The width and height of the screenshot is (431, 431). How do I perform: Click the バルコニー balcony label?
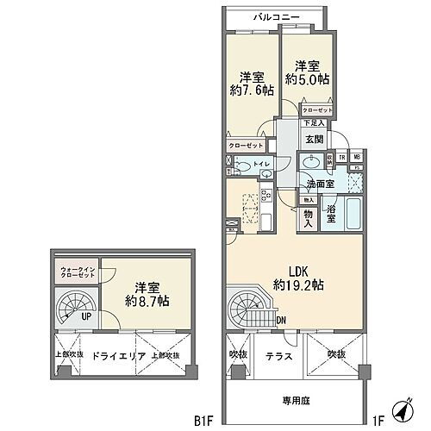click(277, 17)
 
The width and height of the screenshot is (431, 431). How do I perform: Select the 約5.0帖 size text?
click(309, 78)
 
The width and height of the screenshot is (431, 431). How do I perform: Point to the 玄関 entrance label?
click(313, 139)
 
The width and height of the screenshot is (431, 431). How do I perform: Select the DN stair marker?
click(282, 322)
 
